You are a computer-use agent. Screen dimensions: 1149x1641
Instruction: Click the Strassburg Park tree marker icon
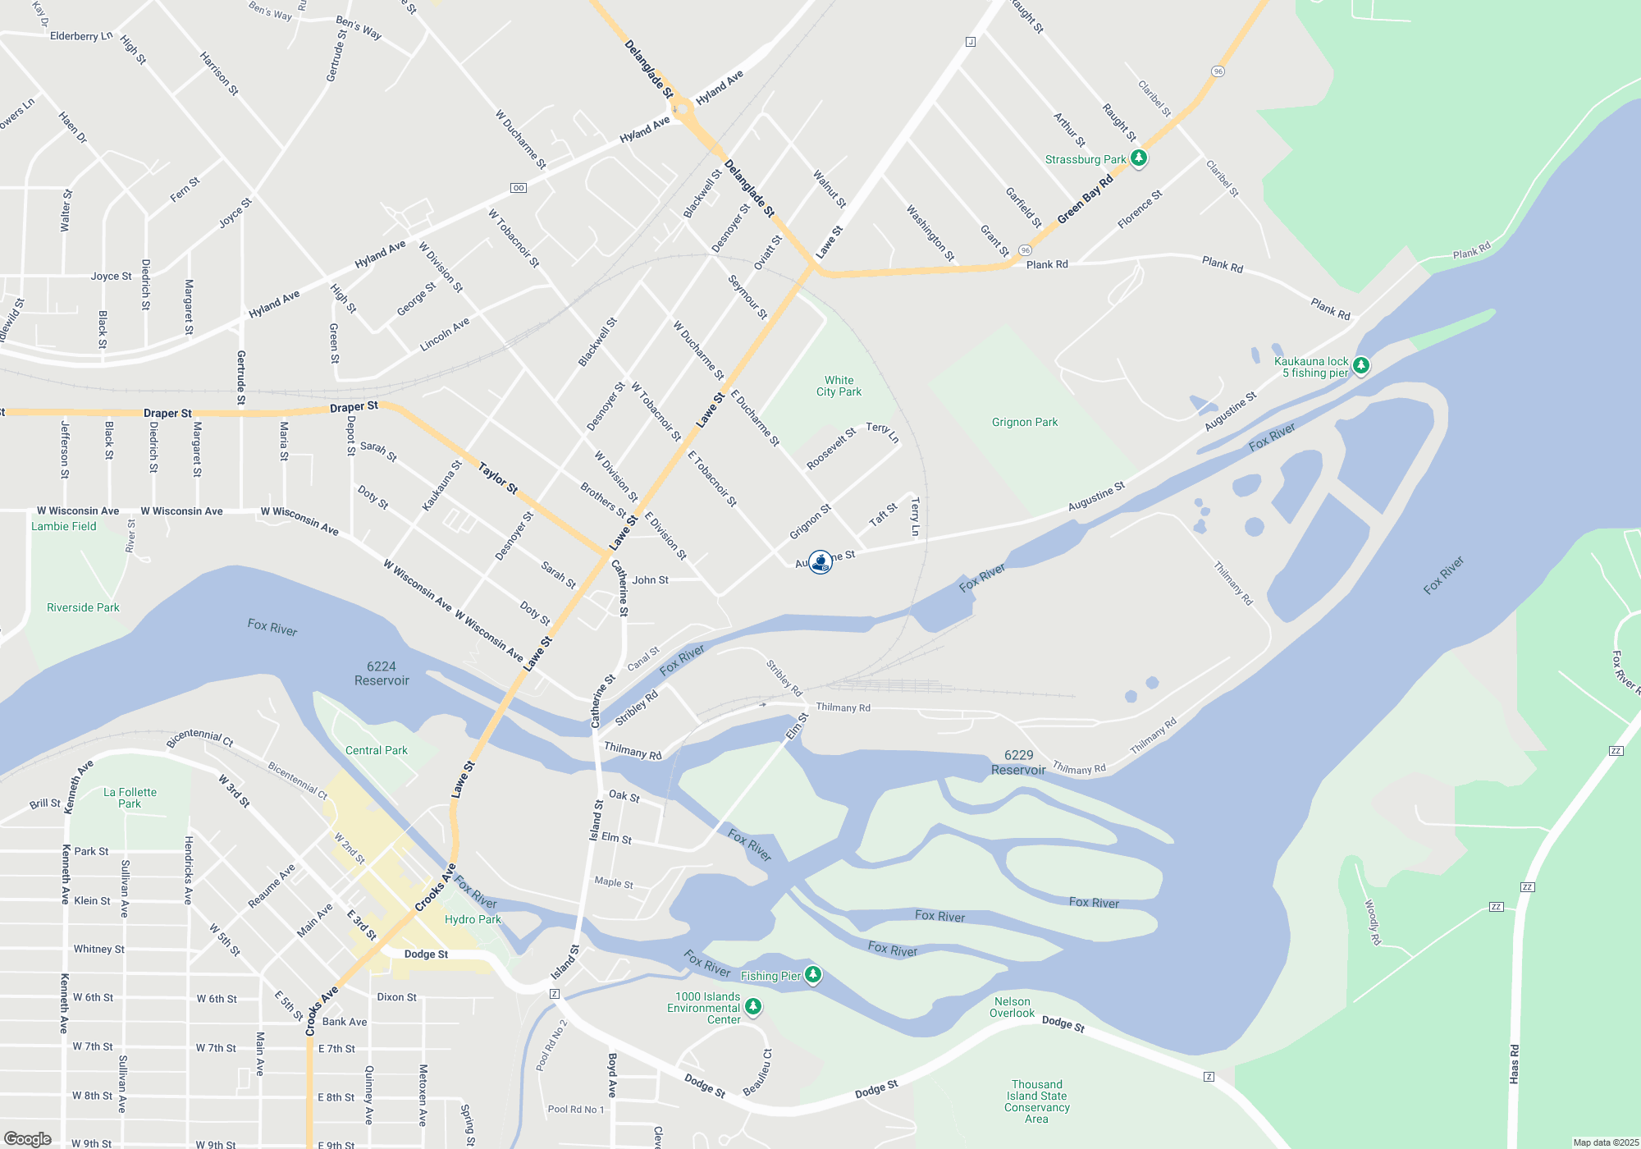tap(1138, 158)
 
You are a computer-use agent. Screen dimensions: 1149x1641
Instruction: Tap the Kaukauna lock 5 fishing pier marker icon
tap(1360, 365)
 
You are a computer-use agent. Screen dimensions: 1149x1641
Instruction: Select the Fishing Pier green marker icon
tap(813, 974)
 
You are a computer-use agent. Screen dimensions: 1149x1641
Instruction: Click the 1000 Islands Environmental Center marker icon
tap(753, 1006)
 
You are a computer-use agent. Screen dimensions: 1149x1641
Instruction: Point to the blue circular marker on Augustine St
tap(820, 562)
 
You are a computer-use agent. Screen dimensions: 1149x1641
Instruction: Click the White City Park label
tap(839, 386)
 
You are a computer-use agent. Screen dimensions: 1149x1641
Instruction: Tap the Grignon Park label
tap(1025, 422)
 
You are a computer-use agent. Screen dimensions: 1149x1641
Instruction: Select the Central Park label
tap(376, 750)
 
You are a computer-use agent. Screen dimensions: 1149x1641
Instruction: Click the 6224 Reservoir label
tap(382, 673)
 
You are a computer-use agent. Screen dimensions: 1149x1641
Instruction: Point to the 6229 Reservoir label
tap(1018, 762)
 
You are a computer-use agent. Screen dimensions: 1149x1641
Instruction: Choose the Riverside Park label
tap(83, 607)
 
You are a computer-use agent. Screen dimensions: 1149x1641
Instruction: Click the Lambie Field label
tap(64, 526)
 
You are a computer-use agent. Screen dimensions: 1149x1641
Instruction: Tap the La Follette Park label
tap(130, 798)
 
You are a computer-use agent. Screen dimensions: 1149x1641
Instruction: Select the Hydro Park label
tap(473, 919)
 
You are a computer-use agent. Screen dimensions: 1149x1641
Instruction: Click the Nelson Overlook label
tap(1012, 1007)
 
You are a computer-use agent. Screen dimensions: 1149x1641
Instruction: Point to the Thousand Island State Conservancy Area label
tap(1036, 1101)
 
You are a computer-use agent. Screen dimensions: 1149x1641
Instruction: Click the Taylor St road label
tap(498, 478)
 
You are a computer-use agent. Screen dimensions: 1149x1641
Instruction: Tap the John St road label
tap(650, 580)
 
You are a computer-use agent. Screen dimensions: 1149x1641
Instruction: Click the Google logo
tap(28, 1138)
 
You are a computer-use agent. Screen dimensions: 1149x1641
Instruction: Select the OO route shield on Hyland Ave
tap(519, 188)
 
